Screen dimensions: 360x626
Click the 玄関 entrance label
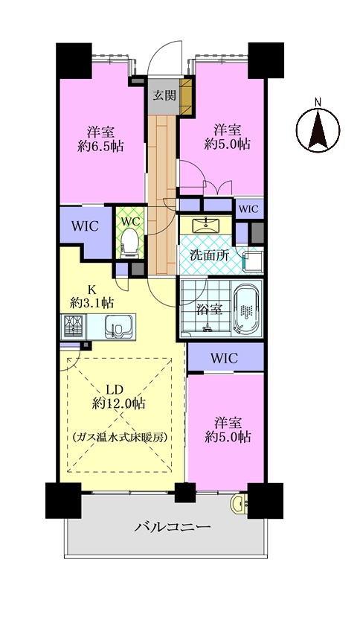pyautogui.click(x=164, y=95)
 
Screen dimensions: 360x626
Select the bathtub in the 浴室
pyautogui.click(x=246, y=308)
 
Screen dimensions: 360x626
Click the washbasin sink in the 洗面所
pyautogui.click(x=206, y=226)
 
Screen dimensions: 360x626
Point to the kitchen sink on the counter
pyautogui.click(x=118, y=327)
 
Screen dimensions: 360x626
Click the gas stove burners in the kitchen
pyautogui.click(x=74, y=327)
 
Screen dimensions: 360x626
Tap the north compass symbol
pyautogui.click(x=318, y=130)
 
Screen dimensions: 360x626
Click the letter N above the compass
pyautogui.click(x=318, y=102)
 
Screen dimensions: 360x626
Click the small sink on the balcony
pyautogui.click(x=239, y=503)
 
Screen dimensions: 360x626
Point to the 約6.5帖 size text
pyautogui.click(x=100, y=147)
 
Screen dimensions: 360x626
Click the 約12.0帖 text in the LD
pyautogui.click(x=118, y=403)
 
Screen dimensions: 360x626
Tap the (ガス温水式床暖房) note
pyautogui.click(x=119, y=437)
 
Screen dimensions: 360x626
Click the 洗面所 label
pyautogui.click(x=203, y=255)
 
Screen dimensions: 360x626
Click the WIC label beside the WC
pyautogui.click(x=85, y=226)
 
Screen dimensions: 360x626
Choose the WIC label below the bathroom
pyautogui.click(x=225, y=358)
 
